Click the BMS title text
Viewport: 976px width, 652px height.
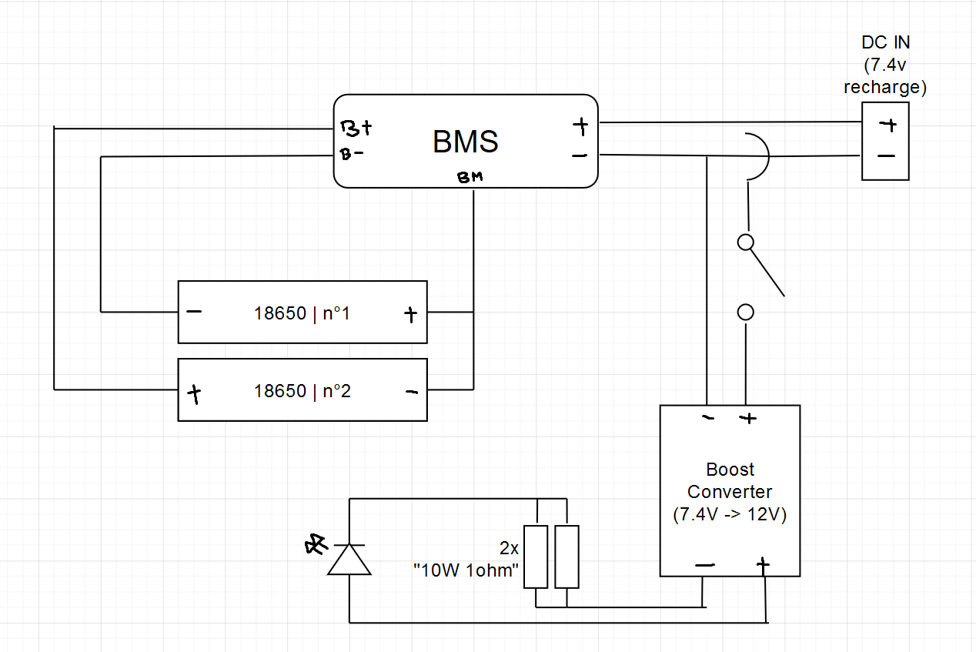pos(465,142)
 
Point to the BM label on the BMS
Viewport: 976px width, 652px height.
pos(470,178)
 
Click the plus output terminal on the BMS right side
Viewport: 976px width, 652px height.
pos(580,125)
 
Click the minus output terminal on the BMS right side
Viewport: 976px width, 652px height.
pos(580,155)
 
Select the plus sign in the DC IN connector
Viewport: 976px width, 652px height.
pos(887,125)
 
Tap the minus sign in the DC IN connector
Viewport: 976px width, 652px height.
pos(886,156)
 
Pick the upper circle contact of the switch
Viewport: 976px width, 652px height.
pos(745,242)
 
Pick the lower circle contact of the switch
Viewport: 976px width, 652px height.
pos(745,312)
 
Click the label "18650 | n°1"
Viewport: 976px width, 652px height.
pos(302,313)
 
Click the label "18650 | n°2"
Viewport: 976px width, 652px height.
pos(302,391)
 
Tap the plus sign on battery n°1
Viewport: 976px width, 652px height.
pos(410,313)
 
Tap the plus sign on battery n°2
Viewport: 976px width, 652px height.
pos(194,395)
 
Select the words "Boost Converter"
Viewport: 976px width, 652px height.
pos(730,480)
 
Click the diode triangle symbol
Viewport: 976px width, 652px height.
pos(349,559)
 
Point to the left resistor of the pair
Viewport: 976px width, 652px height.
pos(536,557)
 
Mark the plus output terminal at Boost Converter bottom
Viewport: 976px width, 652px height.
pos(763,566)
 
